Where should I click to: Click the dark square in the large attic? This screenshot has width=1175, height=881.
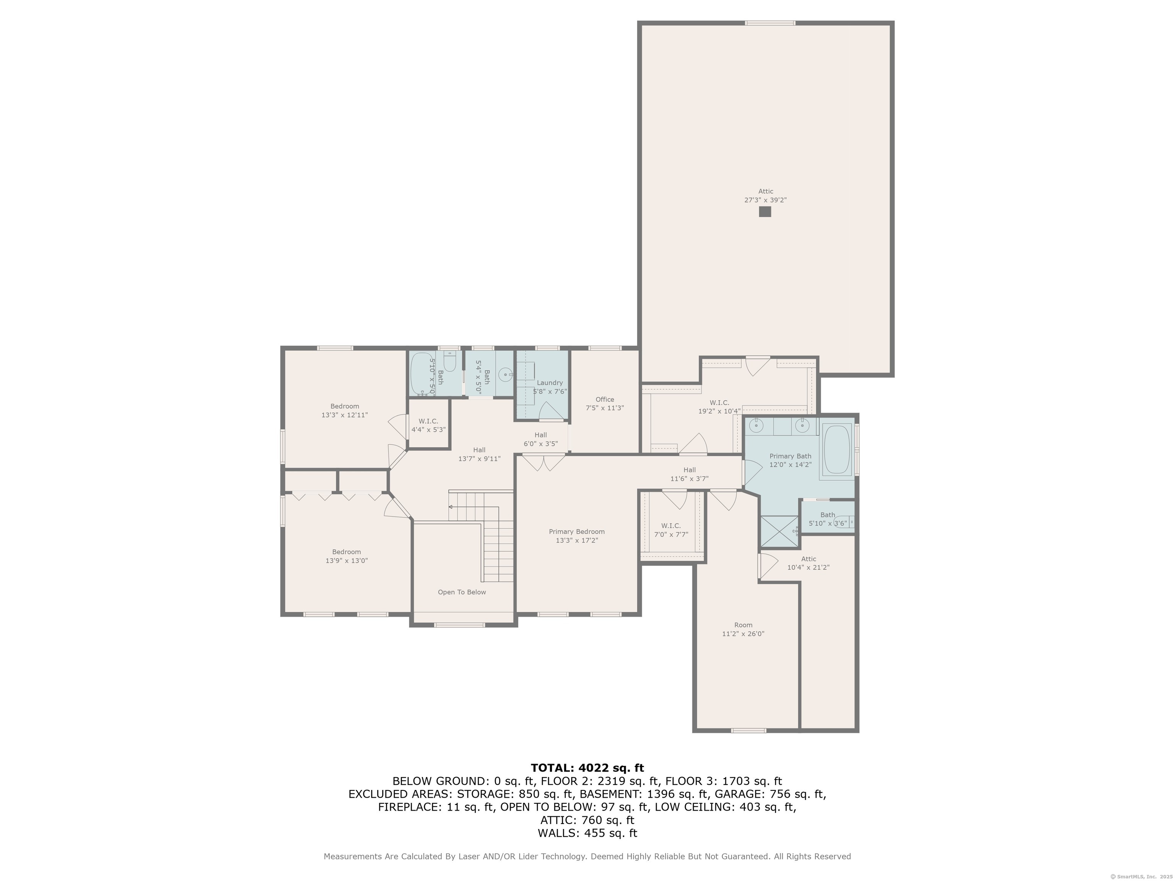764,211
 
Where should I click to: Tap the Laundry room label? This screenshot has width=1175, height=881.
549,382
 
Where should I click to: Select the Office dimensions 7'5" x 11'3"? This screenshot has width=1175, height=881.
604,408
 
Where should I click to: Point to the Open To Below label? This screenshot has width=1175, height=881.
462,592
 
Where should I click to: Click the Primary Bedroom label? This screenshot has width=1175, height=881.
576,532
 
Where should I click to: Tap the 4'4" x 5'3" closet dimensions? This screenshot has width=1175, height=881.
428,430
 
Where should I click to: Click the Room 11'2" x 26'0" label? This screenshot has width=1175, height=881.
743,629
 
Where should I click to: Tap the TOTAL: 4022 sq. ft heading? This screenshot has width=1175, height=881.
587,768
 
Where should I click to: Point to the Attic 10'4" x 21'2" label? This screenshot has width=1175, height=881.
808,563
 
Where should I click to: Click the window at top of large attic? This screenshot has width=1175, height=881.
770,23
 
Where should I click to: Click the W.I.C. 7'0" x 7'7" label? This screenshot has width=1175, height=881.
671,530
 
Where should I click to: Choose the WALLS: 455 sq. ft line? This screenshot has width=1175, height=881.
587,833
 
